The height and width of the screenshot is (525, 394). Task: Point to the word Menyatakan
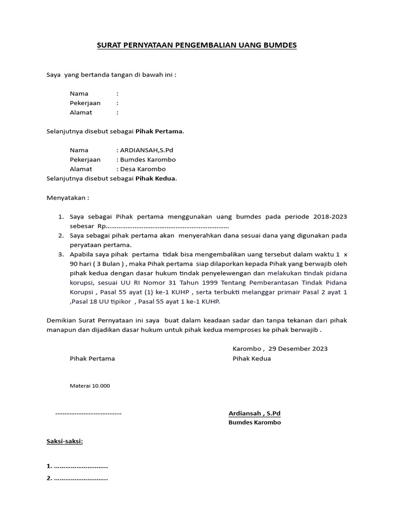click(67, 197)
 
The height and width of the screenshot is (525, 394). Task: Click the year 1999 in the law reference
click(208, 282)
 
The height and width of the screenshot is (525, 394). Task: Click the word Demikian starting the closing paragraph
click(62, 320)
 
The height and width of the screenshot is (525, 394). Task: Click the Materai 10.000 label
click(90, 386)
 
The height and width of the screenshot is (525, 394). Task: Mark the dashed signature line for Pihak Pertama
click(88, 413)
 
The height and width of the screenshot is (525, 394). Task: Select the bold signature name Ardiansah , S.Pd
click(254, 413)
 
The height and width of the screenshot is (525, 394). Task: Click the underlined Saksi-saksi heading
click(65, 441)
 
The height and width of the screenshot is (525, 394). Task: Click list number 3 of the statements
click(60, 254)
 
